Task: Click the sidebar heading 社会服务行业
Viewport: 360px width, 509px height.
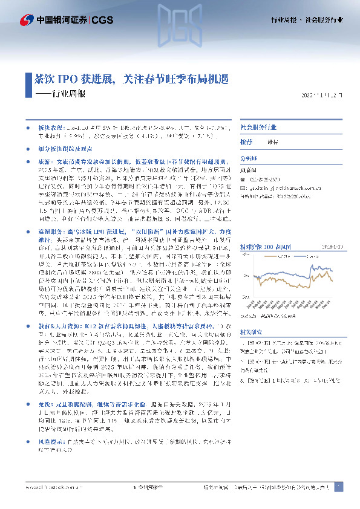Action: pyautogui.click(x=259, y=128)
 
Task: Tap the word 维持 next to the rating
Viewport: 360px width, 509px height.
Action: pyautogui.click(x=273, y=141)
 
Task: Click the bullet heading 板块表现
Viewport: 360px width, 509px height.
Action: pyautogui.click(x=50, y=129)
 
